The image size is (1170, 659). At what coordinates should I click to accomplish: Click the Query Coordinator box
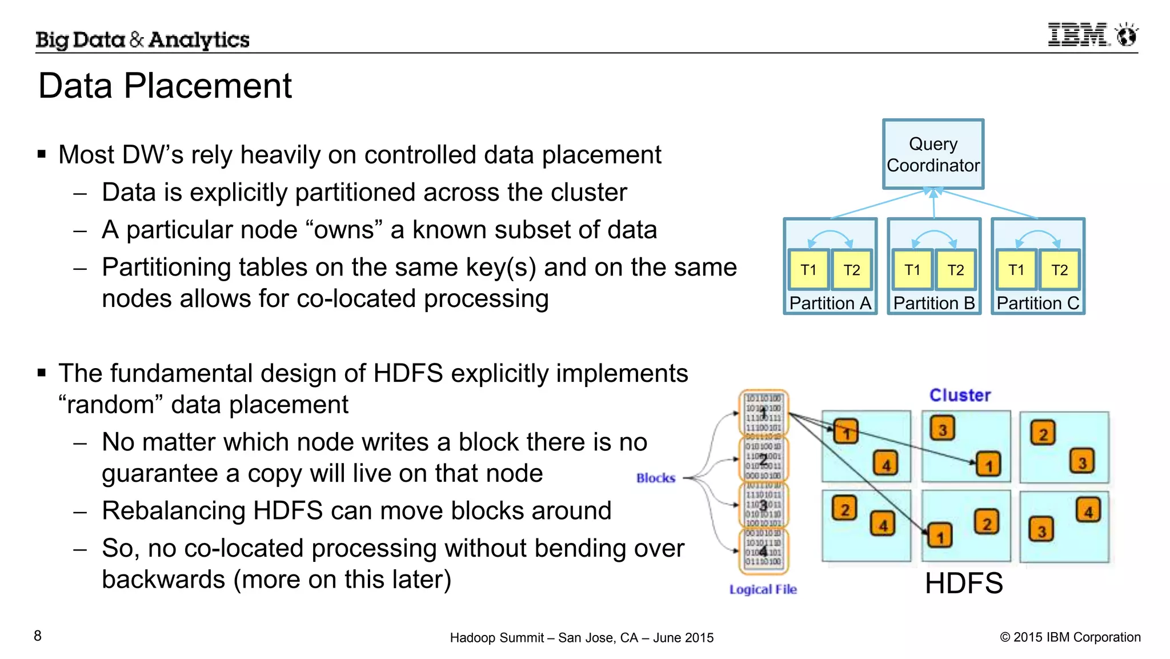(933, 154)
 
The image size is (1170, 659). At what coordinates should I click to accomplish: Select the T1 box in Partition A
(808, 270)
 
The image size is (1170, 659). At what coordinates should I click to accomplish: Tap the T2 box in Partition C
(1059, 270)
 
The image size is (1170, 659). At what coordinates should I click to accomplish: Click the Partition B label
(933, 303)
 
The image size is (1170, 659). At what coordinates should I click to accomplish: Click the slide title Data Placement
(165, 86)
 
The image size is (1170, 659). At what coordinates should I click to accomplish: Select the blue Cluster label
(960, 395)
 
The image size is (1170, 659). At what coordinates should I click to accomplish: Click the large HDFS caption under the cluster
(964, 584)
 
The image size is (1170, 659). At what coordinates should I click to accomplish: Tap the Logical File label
(763, 589)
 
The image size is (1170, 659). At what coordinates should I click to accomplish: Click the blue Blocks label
(655, 478)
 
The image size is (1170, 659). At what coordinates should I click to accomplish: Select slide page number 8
(38, 636)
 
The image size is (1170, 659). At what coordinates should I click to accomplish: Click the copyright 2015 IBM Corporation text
(1070, 637)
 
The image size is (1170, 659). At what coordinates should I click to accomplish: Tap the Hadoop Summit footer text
(582, 638)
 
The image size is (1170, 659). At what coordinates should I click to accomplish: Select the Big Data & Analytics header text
(142, 39)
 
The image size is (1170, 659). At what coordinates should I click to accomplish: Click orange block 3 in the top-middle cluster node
(943, 429)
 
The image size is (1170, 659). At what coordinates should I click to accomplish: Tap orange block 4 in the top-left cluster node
(885, 465)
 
